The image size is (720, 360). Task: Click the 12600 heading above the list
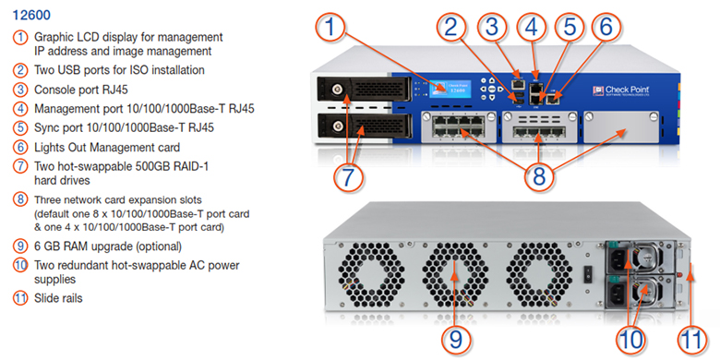31,15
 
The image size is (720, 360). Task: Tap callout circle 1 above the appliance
330,27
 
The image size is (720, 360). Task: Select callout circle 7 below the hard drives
349,178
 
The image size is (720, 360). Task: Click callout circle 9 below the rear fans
456,341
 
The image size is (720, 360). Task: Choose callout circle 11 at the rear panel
691,341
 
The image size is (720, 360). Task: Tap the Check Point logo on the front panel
621,90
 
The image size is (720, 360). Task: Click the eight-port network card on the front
458,132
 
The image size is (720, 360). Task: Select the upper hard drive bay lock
339,87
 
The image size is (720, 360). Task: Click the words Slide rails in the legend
58,298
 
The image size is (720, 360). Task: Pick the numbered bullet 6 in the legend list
20,148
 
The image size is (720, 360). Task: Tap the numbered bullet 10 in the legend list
20,266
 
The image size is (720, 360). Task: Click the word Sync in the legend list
46,128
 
